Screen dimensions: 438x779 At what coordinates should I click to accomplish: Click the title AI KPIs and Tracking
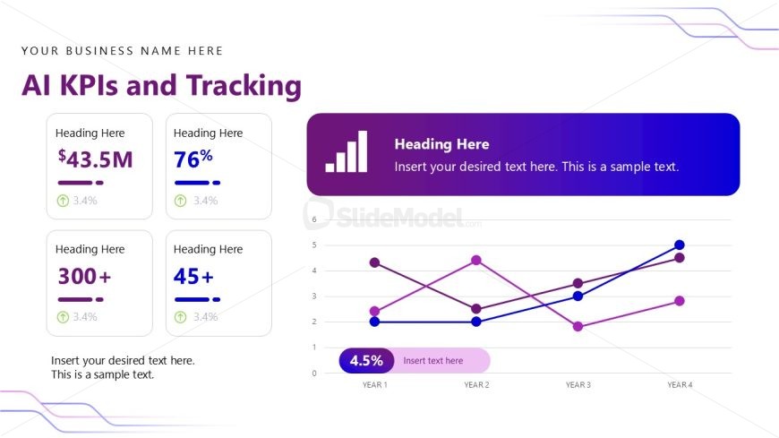coord(161,85)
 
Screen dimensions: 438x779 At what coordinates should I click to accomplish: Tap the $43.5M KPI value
coord(96,159)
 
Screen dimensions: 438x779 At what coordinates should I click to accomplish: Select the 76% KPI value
coord(193,159)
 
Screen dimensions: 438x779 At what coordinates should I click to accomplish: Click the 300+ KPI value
coord(84,276)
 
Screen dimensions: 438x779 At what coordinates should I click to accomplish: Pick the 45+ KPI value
coord(193,276)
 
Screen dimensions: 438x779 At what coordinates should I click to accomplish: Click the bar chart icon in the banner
coord(347,151)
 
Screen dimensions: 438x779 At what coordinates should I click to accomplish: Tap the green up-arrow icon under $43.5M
coord(63,201)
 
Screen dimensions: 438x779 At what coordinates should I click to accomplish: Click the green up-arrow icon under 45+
coord(180,316)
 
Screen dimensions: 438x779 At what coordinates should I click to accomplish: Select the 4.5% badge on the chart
coord(366,360)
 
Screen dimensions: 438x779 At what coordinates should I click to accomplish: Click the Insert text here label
coord(433,361)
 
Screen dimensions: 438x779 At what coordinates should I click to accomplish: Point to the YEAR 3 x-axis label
coord(578,385)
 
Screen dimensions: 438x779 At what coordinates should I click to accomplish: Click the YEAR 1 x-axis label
coord(374,385)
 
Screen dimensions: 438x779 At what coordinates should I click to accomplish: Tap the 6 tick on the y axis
coord(314,219)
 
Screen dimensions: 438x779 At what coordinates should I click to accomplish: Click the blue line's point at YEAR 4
coord(680,245)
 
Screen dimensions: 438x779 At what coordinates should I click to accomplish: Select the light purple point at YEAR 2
coord(476,260)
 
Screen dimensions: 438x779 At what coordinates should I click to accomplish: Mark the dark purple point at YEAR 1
coord(374,262)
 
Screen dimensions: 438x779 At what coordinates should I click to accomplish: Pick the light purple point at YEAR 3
coord(578,327)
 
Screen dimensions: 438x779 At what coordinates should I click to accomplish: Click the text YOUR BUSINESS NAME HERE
coord(123,51)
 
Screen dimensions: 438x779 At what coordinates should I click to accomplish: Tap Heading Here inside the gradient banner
coord(441,144)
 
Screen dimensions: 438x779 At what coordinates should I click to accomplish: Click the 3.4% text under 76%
coord(205,201)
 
